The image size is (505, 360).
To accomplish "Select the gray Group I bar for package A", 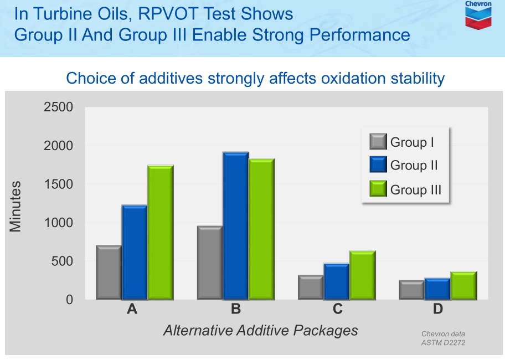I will pyautogui.click(x=109, y=272).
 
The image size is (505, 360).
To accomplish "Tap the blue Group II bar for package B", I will pyautogui.click(x=236, y=226).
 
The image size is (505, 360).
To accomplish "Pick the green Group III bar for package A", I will pyautogui.click(x=161, y=233).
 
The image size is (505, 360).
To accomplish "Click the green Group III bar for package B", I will pyautogui.click(x=261, y=229).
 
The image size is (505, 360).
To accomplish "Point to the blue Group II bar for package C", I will pyautogui.click(x=337, y=281).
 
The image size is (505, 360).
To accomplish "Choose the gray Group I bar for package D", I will pyautogui.click(x=412, y=290).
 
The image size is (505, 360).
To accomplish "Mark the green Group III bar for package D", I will pyautogui.click(x=463, y=285).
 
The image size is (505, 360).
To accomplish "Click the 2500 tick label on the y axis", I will pyautogui.click(x=58, y=107).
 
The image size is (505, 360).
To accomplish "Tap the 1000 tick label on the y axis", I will pyautogui.click(x=58, y=223).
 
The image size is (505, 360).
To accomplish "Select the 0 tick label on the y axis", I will pyautogui.click(x=69, y=300).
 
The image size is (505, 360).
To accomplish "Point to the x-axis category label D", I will pyautogui.click(x=438, y=310).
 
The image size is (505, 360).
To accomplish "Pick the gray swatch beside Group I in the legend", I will pyautogui.click(x=378, y=142).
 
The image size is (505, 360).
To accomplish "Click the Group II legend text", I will pyautogui.click(x=414, y=165).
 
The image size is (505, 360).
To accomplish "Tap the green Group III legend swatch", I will pyautogui.click(x=378, y=189).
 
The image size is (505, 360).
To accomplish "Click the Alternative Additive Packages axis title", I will pyautogui.click(x=260, y=331).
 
